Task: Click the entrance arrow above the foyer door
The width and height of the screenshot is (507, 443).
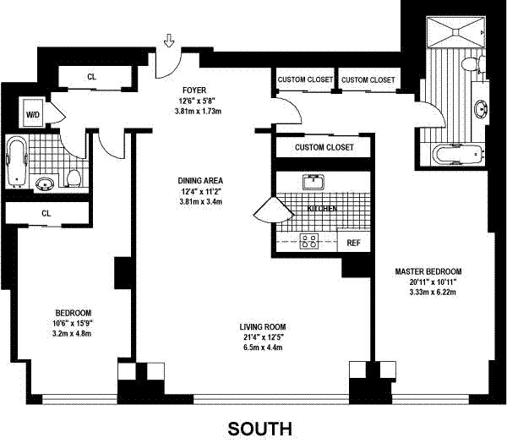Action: point(169,41)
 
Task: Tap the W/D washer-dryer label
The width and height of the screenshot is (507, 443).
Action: point(33,115)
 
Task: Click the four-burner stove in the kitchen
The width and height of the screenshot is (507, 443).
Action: point(308,241)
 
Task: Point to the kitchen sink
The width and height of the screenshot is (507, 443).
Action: point(313,182)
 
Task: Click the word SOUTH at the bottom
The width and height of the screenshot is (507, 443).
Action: point(260,429)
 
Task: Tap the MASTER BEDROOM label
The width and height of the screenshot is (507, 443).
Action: point(428,271)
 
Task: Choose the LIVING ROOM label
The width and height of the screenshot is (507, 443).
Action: point(263,327)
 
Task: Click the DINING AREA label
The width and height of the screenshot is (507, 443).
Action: point(200,181)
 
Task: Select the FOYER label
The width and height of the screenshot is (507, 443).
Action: point(194,90)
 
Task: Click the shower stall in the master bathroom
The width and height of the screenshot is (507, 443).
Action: point(456,32)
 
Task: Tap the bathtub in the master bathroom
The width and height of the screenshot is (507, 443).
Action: point(458,155)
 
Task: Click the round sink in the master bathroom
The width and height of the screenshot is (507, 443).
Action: point(482,109)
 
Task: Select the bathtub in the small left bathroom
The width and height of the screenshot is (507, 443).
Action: point(17,161)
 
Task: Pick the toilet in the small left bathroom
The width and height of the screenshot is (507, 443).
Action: point(74,178)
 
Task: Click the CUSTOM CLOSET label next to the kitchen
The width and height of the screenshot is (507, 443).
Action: point(324,148)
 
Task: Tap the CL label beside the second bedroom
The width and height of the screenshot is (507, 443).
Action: point(46,214)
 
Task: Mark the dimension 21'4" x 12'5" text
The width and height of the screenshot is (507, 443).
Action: point(264,337)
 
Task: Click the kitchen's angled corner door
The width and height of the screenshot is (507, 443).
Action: point(274,210)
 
